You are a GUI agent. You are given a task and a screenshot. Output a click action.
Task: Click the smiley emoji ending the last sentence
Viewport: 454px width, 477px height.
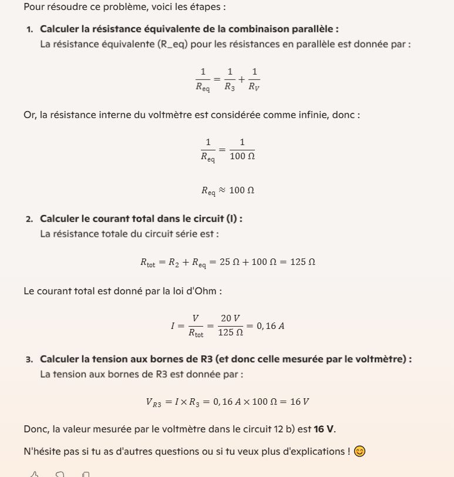pyautogui.click(x=359, y=451)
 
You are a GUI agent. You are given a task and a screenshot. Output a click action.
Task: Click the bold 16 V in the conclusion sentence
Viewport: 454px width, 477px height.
pyautogui.click(x=324, y=429)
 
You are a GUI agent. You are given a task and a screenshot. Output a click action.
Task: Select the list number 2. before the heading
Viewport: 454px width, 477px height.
pyautogui.click(x=29, y=219)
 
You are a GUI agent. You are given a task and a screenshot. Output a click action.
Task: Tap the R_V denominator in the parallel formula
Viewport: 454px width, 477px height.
pyautogui.click(x=254, y=87)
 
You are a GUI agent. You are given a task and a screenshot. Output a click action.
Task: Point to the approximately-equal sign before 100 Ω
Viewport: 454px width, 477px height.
pyautogui.click(x=222, y=190)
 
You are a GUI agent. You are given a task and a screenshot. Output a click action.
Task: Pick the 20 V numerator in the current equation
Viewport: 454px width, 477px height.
pyautogui.click(x=230, y=318)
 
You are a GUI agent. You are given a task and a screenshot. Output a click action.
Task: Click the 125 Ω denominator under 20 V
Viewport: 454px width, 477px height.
pyautogui.click(x=230, y=332)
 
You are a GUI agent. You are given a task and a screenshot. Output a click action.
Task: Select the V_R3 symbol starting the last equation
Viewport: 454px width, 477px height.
pyautogui.click(x=153, y=402)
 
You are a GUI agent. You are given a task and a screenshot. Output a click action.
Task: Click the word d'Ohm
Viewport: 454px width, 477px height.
pyautogui.click(x=206, y=291)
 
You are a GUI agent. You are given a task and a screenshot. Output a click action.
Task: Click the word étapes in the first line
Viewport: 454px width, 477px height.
pyautogui.click(x=207, y=7)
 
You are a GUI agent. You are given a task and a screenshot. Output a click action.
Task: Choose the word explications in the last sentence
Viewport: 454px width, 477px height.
pyautogui.click(x=320, y=451)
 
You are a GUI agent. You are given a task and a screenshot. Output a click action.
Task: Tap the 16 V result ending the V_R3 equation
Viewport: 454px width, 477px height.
pyautogui.click(x=300, y=402)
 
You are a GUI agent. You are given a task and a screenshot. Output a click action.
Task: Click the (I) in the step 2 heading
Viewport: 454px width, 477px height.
pyautogui.click(x=234, y=219)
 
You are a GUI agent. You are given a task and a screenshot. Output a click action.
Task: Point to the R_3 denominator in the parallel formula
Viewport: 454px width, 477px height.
pyautogui.click(x=230, y=87)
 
